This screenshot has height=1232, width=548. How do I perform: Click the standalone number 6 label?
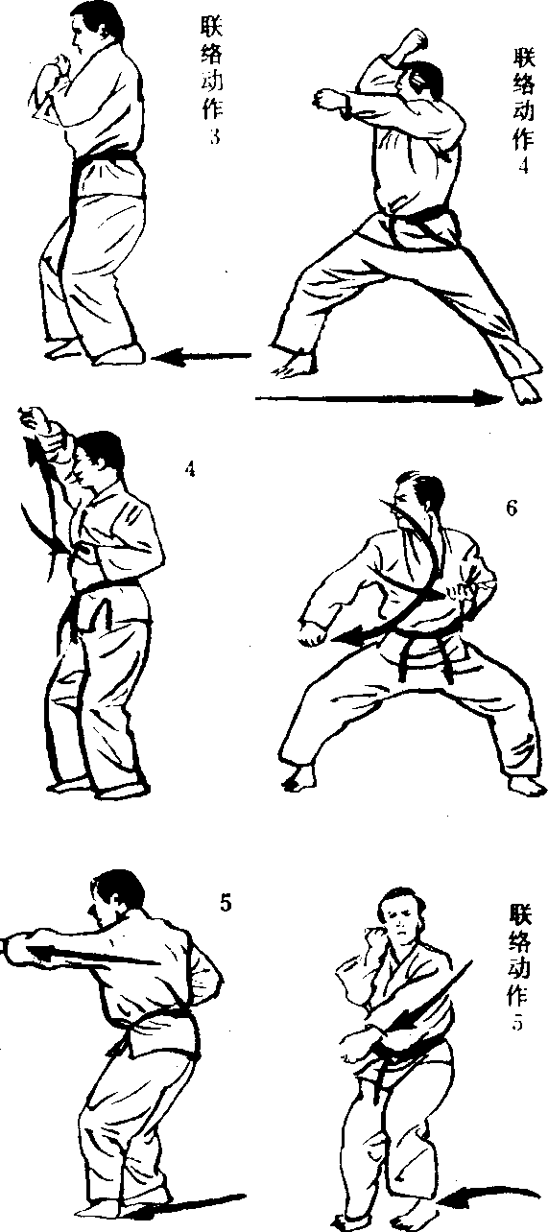click(512, 509)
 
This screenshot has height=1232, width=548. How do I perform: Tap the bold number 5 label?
click(226, 904)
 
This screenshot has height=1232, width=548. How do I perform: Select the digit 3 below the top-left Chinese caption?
click(215, 136)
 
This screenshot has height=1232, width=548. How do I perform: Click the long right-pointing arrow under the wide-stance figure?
click(379, 397)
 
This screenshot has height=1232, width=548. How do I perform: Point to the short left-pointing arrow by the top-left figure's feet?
click(201, 358)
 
